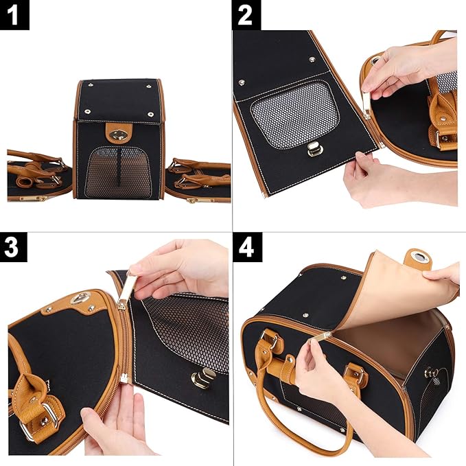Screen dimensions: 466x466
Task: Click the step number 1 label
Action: (x=14, y=14)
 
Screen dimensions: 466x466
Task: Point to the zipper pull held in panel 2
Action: (x=366, y=103)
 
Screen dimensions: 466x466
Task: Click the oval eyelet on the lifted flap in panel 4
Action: (x=418, y=259)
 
